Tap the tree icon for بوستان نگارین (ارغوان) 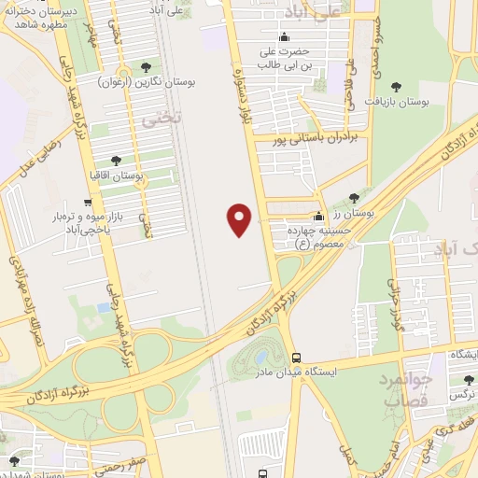pos(146,66)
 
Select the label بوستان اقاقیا pos(140,176)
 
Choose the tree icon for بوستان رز pos(354,197)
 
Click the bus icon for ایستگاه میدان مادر pos(296,358)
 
